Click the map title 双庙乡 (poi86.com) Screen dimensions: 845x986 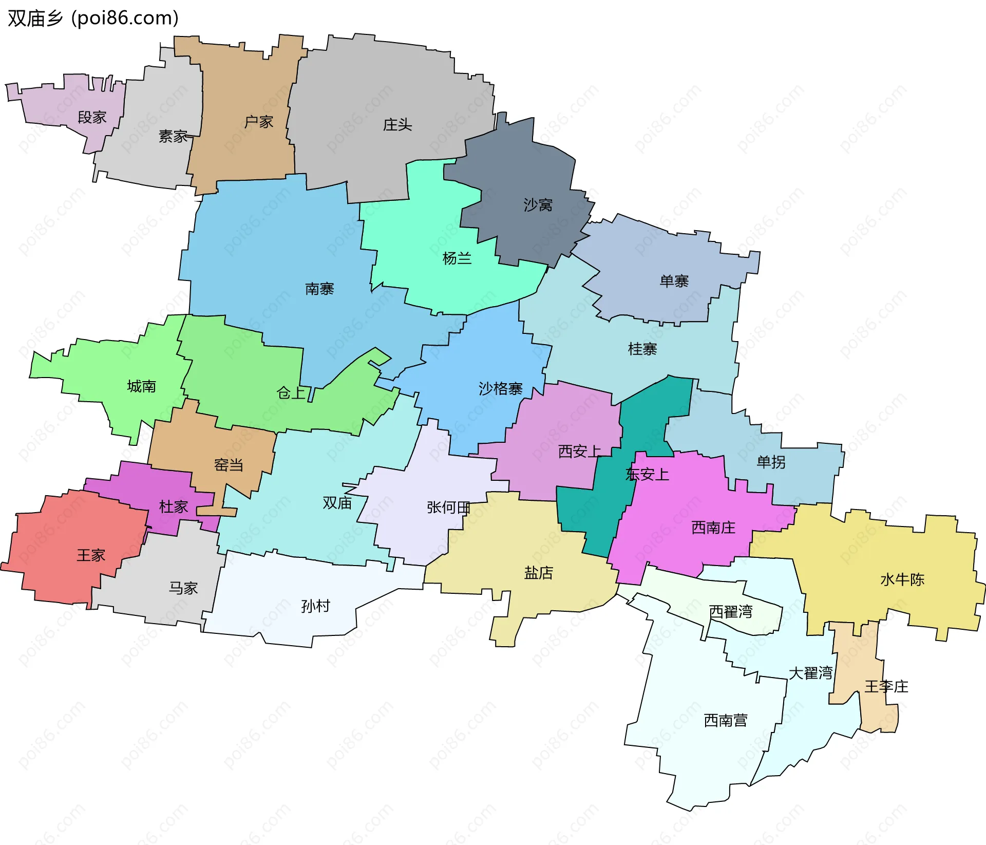click(x=93, y=18)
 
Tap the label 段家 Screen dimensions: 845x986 click(x=92, y=118)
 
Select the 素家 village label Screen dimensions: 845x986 click(x=173, y=136)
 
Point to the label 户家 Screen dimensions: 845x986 click(x=258, y=122)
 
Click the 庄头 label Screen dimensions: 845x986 click(x=397, y=125)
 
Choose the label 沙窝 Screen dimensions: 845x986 click(x=538, y=205)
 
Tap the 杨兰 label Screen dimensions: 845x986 click(x=457, y=258)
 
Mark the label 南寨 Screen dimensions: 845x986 click(x=319, y=289)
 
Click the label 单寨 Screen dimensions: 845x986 click(x=674, y=281)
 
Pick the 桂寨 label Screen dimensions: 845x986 click(x=642, y=349)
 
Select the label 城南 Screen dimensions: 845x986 click(x=141, y=386)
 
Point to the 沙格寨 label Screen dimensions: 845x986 click(x=500, y=388)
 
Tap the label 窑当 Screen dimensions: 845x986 click(x=229, y=465)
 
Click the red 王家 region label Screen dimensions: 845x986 click(x=91, y=555)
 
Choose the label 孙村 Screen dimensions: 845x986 click(x=315, y=606)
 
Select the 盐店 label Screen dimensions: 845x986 click(x=538, y=573)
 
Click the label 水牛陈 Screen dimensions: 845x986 click(x=902, y=580)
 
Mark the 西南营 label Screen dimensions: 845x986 click(x=725, y=721)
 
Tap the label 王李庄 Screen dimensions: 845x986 click(x=886, y=687)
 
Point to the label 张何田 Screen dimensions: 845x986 click(x=448, y=508)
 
